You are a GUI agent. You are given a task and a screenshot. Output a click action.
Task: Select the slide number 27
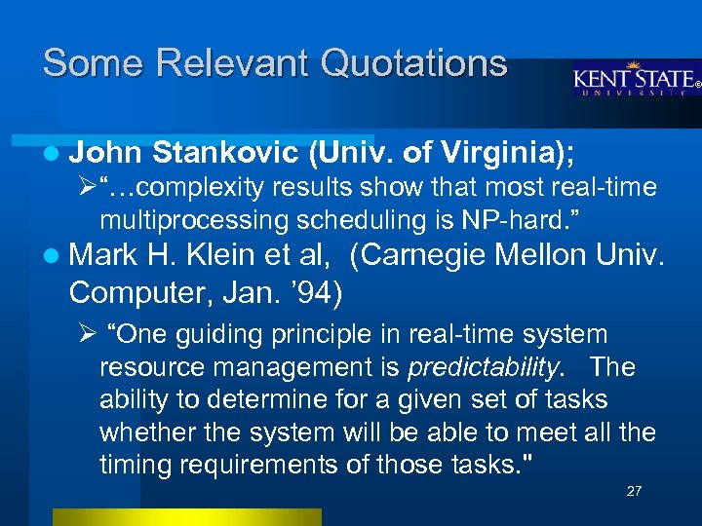634,491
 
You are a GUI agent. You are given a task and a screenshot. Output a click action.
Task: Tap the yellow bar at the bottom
186,516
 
